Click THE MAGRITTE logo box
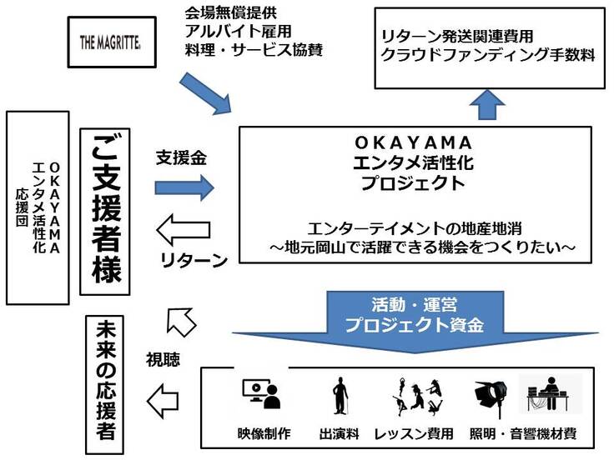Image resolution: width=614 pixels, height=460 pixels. pos(113,41)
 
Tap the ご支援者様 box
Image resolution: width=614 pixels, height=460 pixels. pos(108,212)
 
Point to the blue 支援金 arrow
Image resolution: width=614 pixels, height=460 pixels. pos(184,185)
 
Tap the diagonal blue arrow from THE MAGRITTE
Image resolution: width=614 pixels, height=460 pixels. pos(207,94)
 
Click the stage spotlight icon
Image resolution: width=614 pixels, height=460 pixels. pos(490,395)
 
